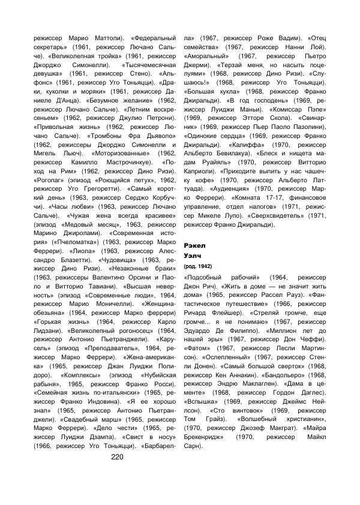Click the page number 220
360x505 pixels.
[117, 456]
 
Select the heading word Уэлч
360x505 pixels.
[193, 255]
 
